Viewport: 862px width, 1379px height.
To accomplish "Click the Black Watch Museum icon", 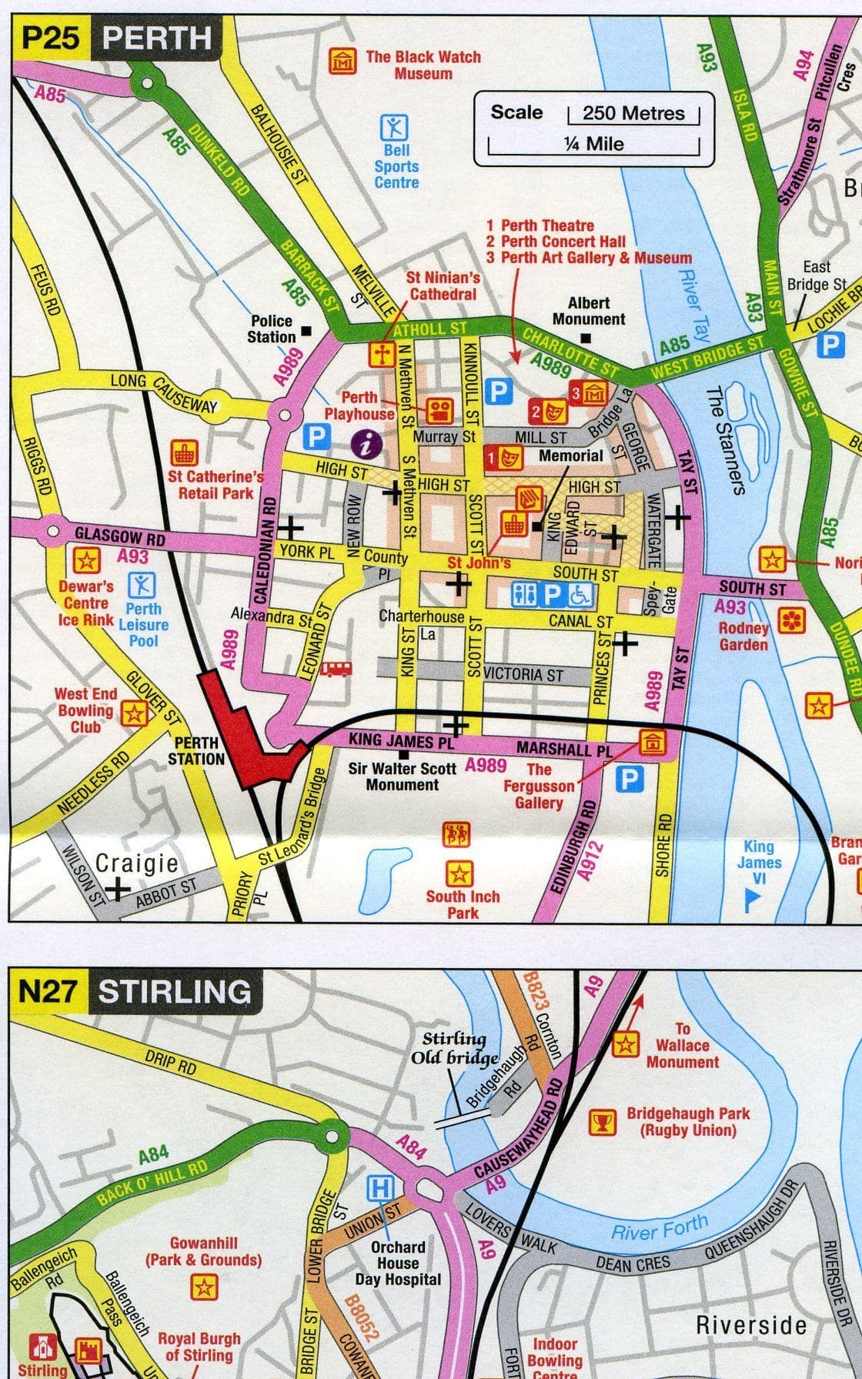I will (x=342, y=62).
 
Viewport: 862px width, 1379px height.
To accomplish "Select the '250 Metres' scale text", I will (x=633, y=113).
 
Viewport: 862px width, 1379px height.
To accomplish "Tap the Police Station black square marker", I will (x=306, y=332).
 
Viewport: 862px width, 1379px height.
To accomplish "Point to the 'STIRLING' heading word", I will (x=175, y=991).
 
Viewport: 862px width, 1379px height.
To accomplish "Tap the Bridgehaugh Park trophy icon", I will (x=603, y=1123).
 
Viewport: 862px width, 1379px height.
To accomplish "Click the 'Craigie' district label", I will (x=137, y=863).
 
